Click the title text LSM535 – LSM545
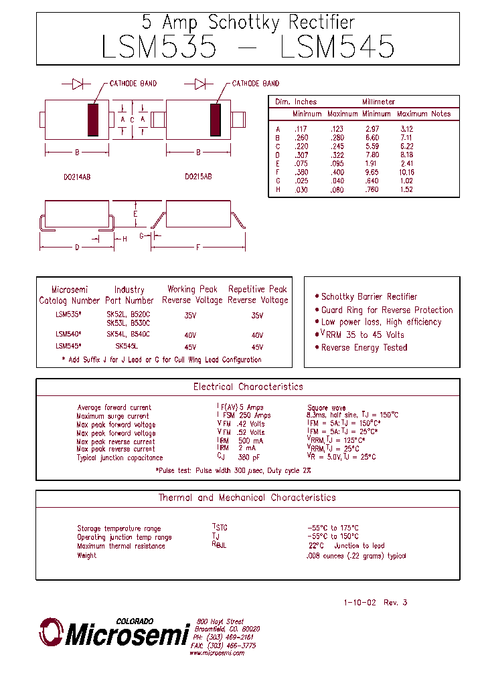tap(248, 47)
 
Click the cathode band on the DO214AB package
tap(94, 120)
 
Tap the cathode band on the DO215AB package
tap(216, 120)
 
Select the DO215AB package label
tap(198, 177)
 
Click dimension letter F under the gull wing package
tap(198, 248)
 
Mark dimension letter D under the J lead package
tap(77, 248)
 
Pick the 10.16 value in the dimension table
tap(406, 172)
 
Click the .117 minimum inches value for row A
tap(299, 128)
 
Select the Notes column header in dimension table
tap(441, 114)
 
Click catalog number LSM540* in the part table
tap(68, 334)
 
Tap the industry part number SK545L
tap(126, 347)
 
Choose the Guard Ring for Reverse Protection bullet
tap(386, 310)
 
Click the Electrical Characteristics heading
tap(248, 387)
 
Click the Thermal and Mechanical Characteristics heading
tap(247, 498)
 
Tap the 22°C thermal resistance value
tap(317, 546)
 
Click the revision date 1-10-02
tap(360, 603)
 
